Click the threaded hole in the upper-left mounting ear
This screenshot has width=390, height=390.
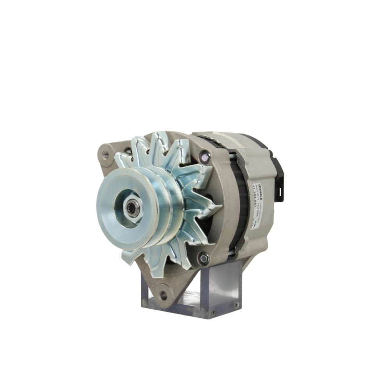[105, 154]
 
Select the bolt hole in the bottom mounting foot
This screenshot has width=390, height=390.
[163, 295]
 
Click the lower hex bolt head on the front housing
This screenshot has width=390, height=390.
[203, 257]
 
